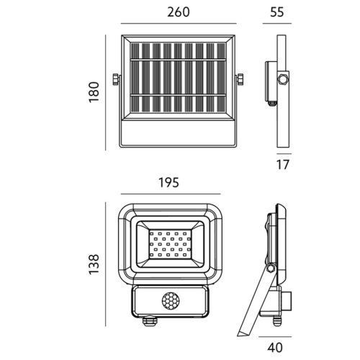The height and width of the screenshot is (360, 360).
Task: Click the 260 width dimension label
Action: click(x=179, y=12)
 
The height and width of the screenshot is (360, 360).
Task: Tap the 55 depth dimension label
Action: click(x=277, y=12)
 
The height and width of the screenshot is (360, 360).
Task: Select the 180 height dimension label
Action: click(x=94, y=92)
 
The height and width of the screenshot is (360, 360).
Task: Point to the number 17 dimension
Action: click(x=283, y=165)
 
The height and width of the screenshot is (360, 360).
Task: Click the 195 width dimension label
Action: click(x=169, y=183)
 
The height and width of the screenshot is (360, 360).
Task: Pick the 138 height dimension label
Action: click(x=94, y=264)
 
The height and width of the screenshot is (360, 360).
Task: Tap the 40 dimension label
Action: click(x=275, y=348)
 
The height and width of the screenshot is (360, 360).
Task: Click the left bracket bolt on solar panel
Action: click(x=116, y=79)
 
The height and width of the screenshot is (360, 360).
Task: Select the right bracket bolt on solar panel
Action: click(x=240, y=79)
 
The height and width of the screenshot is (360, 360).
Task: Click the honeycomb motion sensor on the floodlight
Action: click(x=170, y=301)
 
